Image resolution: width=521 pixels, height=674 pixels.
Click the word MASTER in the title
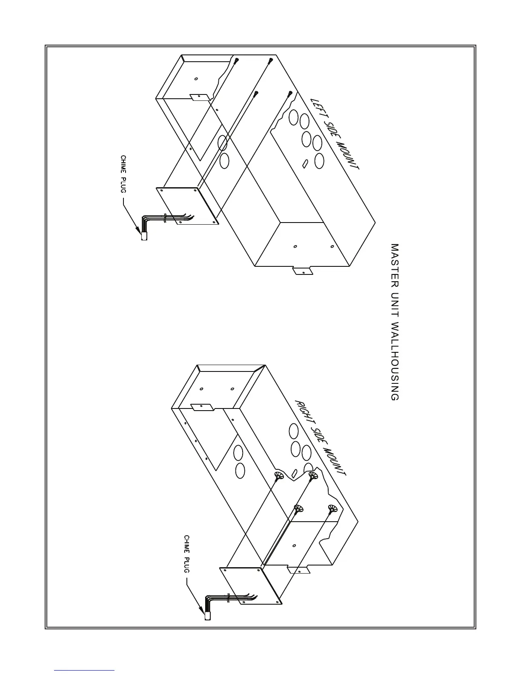coord(395,263)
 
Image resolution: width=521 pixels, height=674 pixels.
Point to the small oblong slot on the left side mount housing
coord(305,163)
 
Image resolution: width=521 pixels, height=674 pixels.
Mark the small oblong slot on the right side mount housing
coord(295,473)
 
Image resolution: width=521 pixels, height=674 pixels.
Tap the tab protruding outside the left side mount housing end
coord(302,271)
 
